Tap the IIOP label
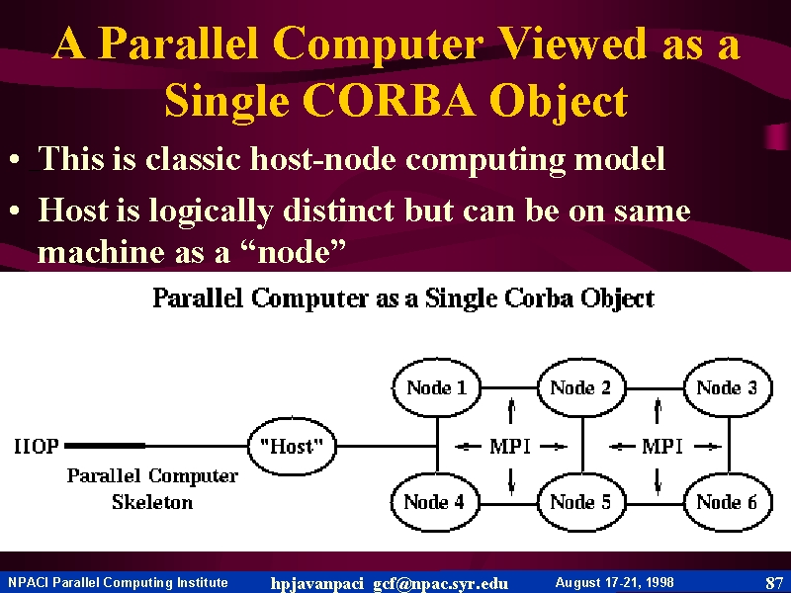pyautogui.click(x=37, y=447)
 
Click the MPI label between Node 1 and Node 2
pyautogui.click(x=510, y=447)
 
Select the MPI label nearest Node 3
pyautogui.click(x=662, y=447)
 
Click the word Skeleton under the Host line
pyautogui.click(x=152, y=502)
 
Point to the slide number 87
pyautogui.click(x=774, y=583)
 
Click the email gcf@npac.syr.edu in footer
pyautogui.click(x=440, y=583)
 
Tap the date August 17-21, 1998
pyautogui.click(x=614, y=582)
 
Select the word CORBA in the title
pyautogui.click(x=389, y=101)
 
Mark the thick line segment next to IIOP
pyautogui.click(x=105, y=446)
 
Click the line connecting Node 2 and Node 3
pyautogui.click(x=655, y=388)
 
